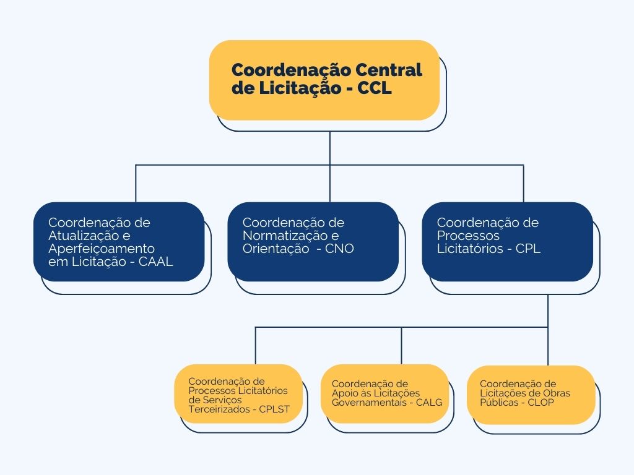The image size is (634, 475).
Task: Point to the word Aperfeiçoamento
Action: (102, 249)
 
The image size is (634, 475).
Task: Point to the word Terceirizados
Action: (216, 409)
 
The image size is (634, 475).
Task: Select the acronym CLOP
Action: (541, 402)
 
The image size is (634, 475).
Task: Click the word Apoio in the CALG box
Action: (345, 393)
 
